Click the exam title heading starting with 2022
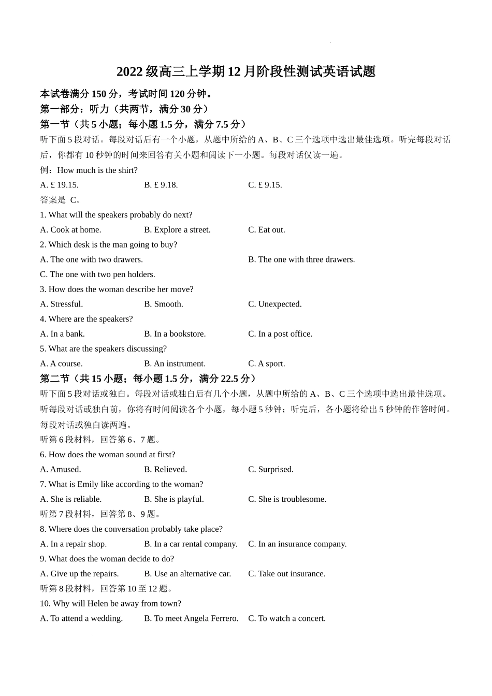pyautogui.click(x=245, y=71)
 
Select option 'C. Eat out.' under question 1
pyautogui.click(x=266, y=230)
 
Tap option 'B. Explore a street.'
pyautogui.click(x=177, y=230)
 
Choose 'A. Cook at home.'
pyautogui.click(x=70, y=230)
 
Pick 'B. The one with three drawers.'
pyautogui.click(x=301, y=259)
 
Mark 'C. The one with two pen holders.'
pyautogui.click(x=97, y=274)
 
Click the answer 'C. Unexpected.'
pyautogui.click(x=274, y=304)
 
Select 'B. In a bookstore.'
pyautogui.click(x=175, y=334)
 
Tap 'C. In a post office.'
pyautogui.click(x=280, y=334)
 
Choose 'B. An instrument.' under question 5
pyautogui.click(x=175, y=364)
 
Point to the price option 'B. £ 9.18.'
pyautogui.click(x=161, y=185)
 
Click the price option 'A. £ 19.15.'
pyautogui.click(x=59, y=185)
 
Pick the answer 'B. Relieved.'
pyautogui.click(x=165, y=470)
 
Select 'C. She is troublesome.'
pyautogui.click(x=287, y=499)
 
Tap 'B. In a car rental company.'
pyautogui.click(x=191, y=544)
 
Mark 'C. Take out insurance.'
pyautogui.click(x=286, y=574)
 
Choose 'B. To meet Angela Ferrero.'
pyautogui.click(x=191, y=618)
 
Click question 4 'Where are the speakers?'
pyautogui.click(x=86, y=319)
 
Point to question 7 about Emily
pyautogui.click(x=121, y=484)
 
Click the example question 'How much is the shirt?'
pyautogui.click(x=97, y=170)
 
